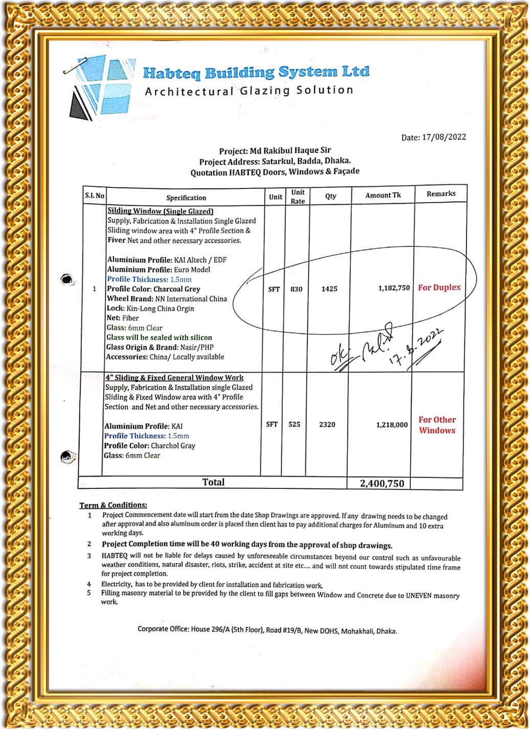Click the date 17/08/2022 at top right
(433, 137)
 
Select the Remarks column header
(440, 194)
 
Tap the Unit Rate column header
(298, 197)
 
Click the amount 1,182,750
(394, 288)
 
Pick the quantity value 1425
(329, 289)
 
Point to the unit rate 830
(296, 289)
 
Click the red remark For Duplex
(439, 288)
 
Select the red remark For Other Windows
(437, 425)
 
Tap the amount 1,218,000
(392, 425)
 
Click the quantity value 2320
(327, 424)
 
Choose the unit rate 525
(294, 424)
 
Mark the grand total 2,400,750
(382, 483)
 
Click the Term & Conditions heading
(113, 505)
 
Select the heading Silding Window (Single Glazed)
(160, 211)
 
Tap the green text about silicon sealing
(159, 338)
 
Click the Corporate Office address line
(267, 630)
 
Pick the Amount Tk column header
(383, 195)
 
